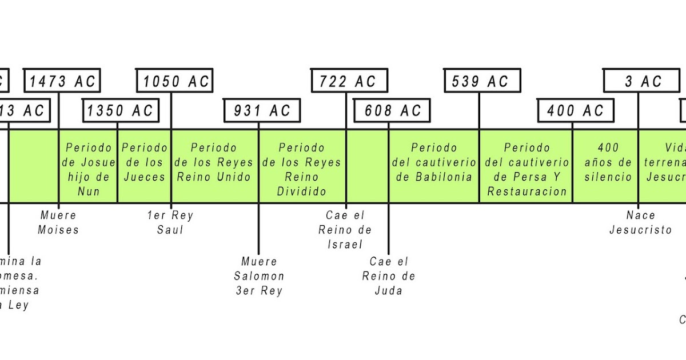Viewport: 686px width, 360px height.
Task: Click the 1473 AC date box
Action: point(62,81)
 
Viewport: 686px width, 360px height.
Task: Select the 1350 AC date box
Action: point(121,110)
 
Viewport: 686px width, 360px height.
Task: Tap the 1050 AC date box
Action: point(175,81)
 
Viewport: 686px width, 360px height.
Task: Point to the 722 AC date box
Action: point(348,81)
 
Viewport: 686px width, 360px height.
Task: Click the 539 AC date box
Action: point(482,81)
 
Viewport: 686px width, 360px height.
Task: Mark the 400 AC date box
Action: point(576,110)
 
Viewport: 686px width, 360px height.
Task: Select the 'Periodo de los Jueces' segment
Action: point(145,163)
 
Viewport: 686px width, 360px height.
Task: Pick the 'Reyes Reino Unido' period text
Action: point(214,163)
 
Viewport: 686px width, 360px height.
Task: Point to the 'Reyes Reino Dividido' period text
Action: point(301,170)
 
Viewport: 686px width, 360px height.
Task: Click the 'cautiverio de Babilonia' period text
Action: point(434,163)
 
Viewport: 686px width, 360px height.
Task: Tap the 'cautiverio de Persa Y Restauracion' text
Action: point(527,170)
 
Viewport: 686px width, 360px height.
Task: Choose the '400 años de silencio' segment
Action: point(608,163)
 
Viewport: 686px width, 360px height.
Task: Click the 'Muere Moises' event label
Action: point(58,223)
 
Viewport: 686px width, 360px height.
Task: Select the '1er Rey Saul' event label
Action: point(170,223)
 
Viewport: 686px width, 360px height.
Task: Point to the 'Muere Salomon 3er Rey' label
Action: point(259,276)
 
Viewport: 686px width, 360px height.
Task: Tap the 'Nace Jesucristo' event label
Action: point(640,223)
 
